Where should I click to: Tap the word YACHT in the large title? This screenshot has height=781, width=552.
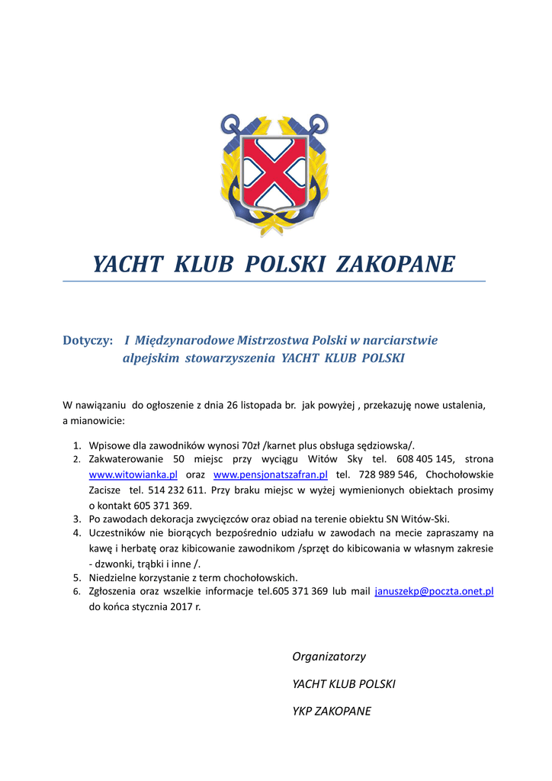pyautogui.click(x=127, y=264)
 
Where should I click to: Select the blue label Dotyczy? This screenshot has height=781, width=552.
pyautogui.click(x=88, y=340)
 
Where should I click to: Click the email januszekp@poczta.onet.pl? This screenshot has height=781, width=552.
pyautogui.click(x=435, y=591)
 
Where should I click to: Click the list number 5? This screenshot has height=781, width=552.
pyautogui.click(x=77, y=577)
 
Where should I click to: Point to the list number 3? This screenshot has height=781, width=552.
pyautogui.click(x=77, y=519)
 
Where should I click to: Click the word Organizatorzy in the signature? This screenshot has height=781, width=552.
pyautogui.click(x=329, y=657)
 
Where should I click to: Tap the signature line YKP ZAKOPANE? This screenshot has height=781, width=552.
pyautogui.click(x=332, y=712)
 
